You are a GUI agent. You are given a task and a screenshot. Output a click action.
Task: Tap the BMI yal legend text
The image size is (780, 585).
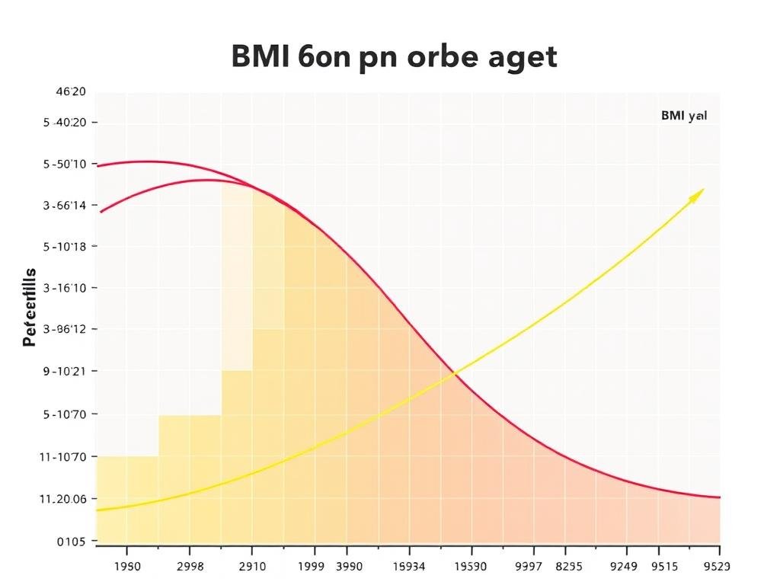(683, 117)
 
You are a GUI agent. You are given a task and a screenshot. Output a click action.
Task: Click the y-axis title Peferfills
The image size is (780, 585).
(30, 308)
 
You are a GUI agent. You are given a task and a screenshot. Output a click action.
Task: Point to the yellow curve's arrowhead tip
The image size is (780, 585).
(703, 190)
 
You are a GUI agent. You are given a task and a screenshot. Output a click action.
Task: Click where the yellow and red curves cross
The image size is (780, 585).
(455, 372)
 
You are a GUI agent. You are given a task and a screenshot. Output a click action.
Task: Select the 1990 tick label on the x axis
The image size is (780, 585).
(126, 566)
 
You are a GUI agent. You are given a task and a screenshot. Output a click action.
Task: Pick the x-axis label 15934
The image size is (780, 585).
(409, 566)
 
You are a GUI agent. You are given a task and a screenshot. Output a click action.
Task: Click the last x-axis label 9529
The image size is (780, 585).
(715, 566)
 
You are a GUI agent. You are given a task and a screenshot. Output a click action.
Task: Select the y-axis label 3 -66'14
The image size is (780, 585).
(66, 205)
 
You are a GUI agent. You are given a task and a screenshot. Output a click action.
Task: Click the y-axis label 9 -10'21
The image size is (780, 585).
(66, 372)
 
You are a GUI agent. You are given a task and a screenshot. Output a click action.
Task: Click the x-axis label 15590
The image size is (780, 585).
(470, 566)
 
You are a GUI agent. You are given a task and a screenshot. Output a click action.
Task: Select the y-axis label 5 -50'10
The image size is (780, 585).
(66, 164)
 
